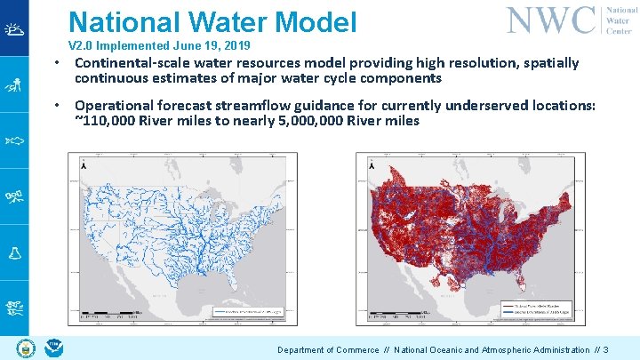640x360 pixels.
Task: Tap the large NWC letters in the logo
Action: [551, 19]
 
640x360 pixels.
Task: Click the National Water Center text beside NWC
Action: [619, 19]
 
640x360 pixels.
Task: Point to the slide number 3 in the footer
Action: [605, 350]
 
